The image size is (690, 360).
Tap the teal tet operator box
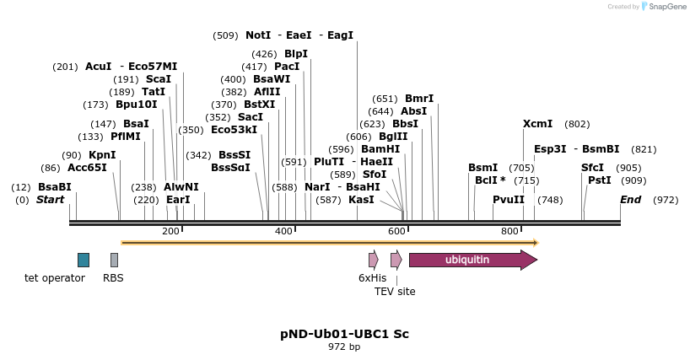tap(83, 260)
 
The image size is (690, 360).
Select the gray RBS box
tap(114, 260)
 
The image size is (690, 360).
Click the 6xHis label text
tap(372, 277)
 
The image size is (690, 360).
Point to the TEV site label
tap(395, 292)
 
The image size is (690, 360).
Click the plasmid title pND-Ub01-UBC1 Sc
tap(344, 333)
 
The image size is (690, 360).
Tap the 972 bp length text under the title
tap(344, 347)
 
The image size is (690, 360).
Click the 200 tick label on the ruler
tap(170, 231)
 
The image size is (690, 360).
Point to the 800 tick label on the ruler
tap(509, 231)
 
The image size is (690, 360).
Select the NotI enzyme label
tap(258, 35)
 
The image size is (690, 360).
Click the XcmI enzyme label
tap(537, 124)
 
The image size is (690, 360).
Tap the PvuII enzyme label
tap(509, 200)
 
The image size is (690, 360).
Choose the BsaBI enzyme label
tap(54, 186)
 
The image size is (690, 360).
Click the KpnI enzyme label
tap(102, 155)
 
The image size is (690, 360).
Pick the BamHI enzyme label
tap(380, 148)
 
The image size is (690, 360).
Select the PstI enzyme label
tap(599, 180)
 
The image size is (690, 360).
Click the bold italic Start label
tap(50, 200)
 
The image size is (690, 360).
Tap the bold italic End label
tap(630, 200)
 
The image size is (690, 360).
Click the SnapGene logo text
tap(666, 7)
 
